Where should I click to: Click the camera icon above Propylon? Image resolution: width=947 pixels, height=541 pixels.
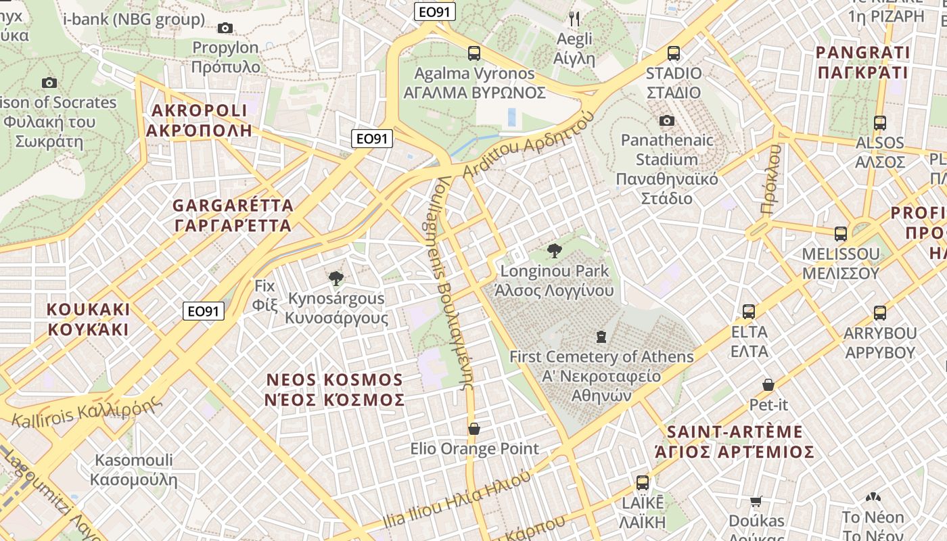click(225, 28)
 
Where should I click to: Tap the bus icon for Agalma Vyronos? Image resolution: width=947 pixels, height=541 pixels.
click(474, 53)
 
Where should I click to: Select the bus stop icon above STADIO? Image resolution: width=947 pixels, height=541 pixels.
click(673, 53)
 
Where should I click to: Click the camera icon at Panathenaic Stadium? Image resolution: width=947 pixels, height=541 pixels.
click(667, 120)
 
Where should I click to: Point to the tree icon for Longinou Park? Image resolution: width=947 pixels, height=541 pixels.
click(554, 251)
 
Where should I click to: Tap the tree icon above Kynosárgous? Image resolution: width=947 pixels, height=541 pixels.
click(336, 278)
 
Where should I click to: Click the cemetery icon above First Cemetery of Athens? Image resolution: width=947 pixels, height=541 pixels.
click(601, 336)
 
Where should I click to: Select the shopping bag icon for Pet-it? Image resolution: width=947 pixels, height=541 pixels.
click(768, 385)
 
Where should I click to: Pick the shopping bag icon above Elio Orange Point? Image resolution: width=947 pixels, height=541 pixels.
click(474, 429)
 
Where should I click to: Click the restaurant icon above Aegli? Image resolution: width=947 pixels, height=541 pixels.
click(574, 18)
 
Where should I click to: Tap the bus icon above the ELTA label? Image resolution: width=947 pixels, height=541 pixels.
click(749, 312)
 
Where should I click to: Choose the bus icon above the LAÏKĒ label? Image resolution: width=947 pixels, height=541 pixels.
click(643, 483)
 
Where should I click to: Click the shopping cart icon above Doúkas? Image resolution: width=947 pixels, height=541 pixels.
click(756, 501)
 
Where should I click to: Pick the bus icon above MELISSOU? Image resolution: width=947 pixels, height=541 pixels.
click(841, 234)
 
